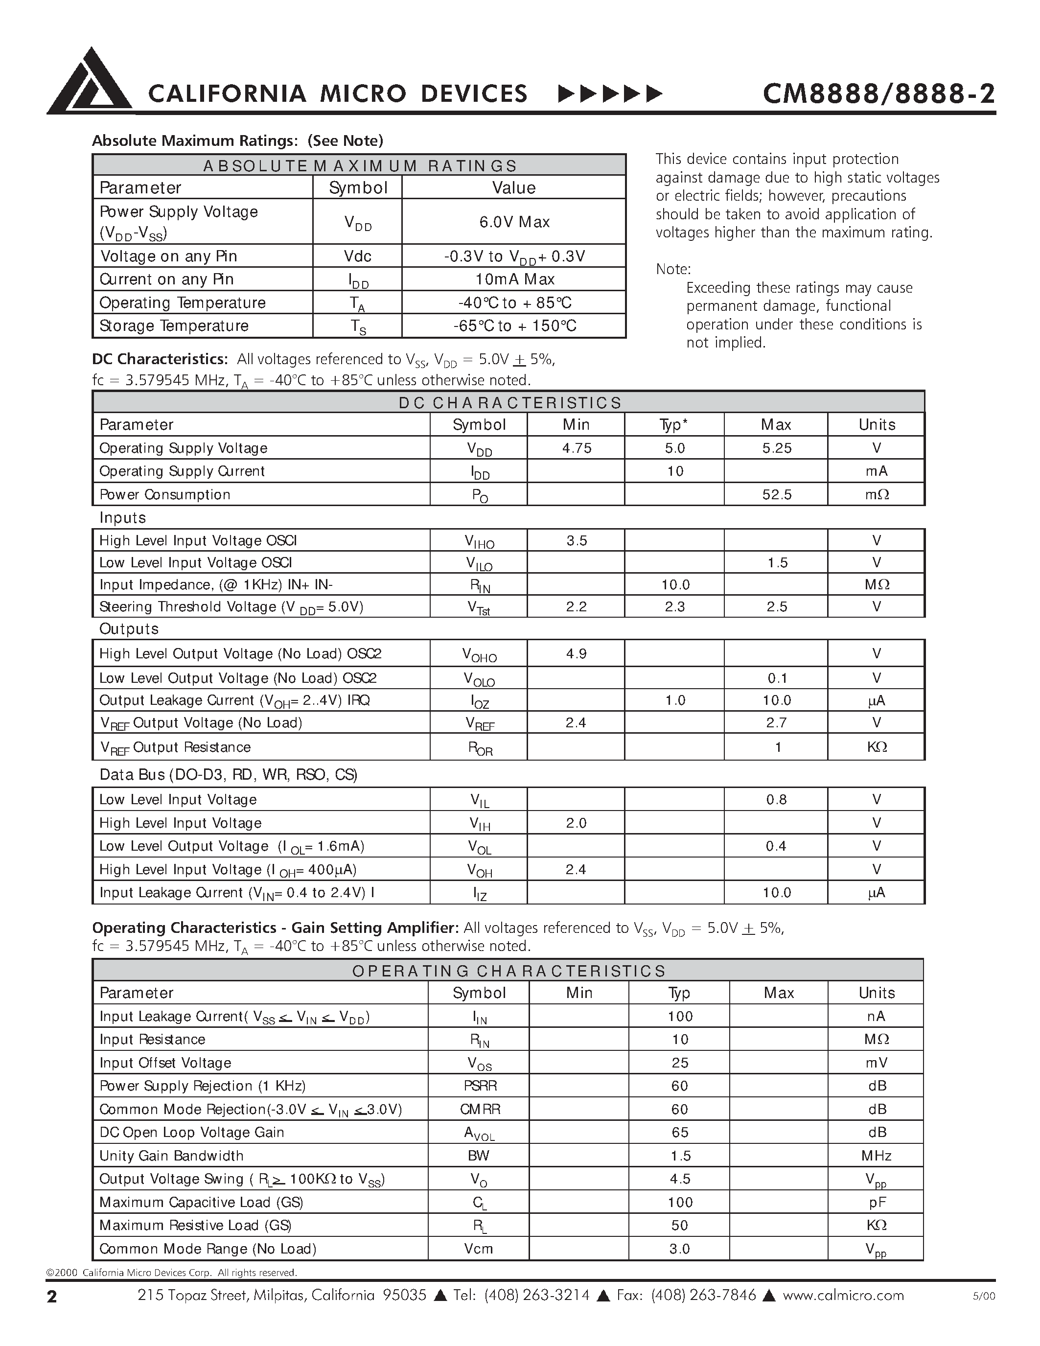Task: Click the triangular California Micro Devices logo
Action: point(90,82)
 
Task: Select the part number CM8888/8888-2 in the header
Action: point(878,93)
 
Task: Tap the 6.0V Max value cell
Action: point(514,222)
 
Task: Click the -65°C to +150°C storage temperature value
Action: point(514,326)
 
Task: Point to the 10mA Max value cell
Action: point(514,279)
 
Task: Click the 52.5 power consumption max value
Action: point(776,494)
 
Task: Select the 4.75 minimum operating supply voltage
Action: point(576,448)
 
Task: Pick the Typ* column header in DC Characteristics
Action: point(673,425)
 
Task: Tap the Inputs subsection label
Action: point(123,518)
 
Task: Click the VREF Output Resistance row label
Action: point(176,747)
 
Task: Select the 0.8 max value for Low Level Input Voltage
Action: point(776,799)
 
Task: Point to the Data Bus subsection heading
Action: point(228,775)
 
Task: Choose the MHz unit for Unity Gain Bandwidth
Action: point(876,1156)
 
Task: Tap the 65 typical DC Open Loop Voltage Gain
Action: point(680,1132)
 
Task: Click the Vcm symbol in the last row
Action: point(479,1249)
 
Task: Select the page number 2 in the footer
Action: point(52,1297)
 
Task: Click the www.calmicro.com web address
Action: point(843,1296)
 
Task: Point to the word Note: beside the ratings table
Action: point(673,269)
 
